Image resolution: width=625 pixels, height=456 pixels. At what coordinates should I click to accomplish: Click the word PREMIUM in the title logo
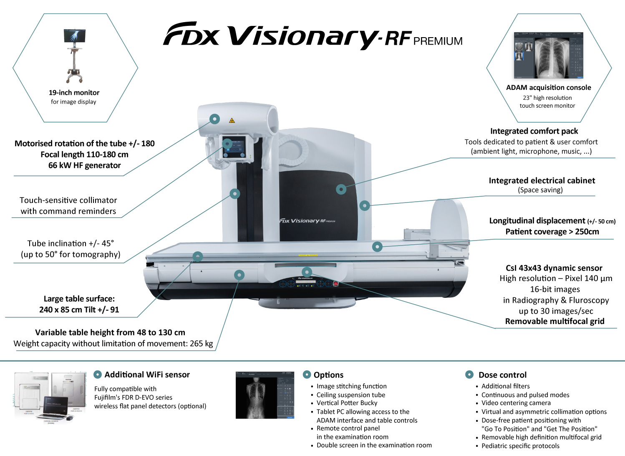438,41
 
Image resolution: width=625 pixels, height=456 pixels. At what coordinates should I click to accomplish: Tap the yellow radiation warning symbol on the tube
232,121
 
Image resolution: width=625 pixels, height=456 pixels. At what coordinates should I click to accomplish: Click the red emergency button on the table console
335,284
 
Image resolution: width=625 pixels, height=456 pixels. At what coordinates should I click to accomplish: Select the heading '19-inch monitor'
74,93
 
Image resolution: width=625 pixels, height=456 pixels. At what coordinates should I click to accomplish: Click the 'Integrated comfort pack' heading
534,131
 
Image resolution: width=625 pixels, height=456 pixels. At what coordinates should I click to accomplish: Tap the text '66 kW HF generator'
84,165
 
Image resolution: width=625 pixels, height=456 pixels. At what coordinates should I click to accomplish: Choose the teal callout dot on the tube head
214,119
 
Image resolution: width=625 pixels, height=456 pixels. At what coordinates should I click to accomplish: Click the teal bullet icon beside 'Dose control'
469,375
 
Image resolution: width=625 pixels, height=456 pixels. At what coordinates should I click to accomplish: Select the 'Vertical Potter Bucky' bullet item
347,403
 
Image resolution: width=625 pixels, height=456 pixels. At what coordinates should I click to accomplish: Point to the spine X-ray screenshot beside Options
256,395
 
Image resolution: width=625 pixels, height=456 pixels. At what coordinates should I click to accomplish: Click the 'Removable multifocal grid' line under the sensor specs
554,321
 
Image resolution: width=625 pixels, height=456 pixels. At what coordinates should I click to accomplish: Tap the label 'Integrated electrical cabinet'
542,180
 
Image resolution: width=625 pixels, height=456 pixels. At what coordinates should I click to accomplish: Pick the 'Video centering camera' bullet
516,403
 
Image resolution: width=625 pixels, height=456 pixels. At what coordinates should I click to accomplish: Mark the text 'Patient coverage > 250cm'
552,232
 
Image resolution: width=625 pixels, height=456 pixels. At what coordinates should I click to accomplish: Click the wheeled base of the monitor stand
74,77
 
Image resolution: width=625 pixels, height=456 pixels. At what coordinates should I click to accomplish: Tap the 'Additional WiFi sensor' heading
147,375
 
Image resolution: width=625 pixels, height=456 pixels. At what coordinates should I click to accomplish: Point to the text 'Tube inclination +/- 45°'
71,243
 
